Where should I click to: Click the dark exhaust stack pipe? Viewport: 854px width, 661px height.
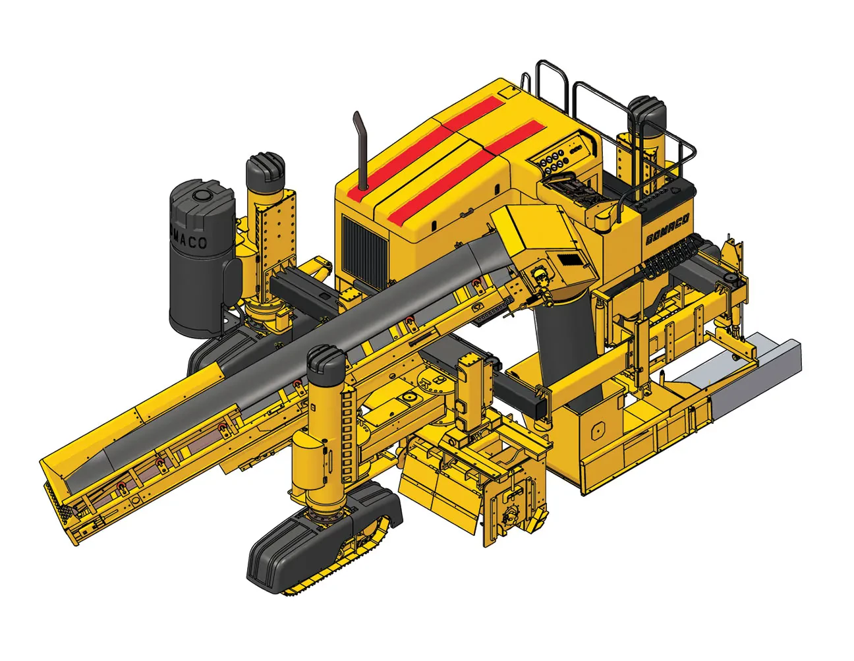tap(360, 152)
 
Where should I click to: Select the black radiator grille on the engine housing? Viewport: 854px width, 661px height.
tap(364, 248)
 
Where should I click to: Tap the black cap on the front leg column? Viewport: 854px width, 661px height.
tap(326, 366)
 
